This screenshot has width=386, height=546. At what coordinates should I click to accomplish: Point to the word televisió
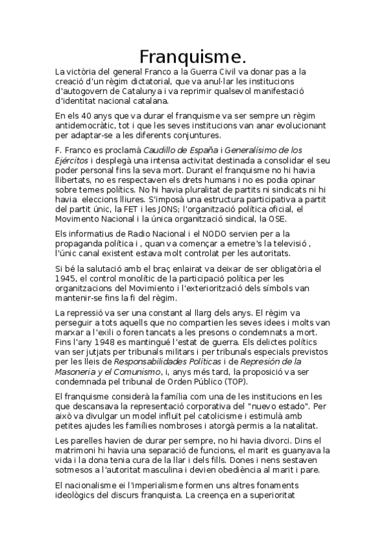pyautogui.click(x=264, y=244)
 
